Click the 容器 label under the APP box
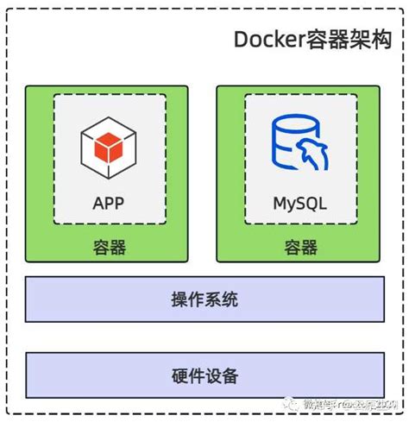click(110, 248)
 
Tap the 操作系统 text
click(204, 301)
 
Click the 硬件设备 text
click(204, 377)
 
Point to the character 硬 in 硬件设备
click(179, 377)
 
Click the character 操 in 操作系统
click(179, 301)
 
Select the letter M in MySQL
click(279, 205)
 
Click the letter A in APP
click(95, 205)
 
